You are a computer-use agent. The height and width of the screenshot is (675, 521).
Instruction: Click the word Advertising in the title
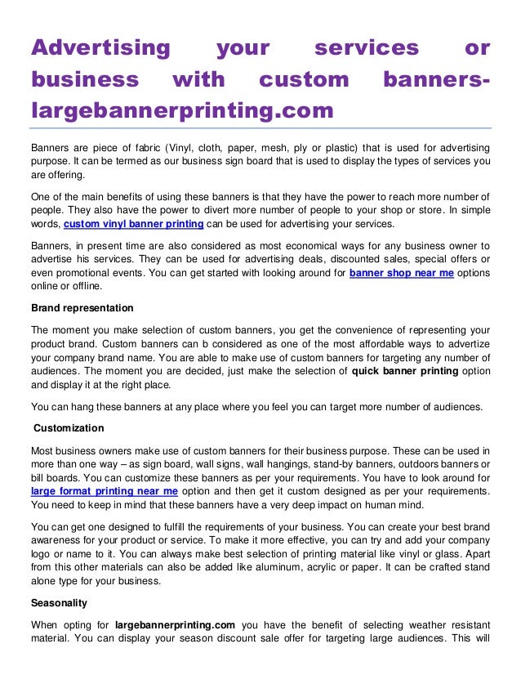coord(100,49)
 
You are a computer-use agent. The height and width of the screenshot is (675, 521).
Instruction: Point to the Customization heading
coord(69,427)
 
